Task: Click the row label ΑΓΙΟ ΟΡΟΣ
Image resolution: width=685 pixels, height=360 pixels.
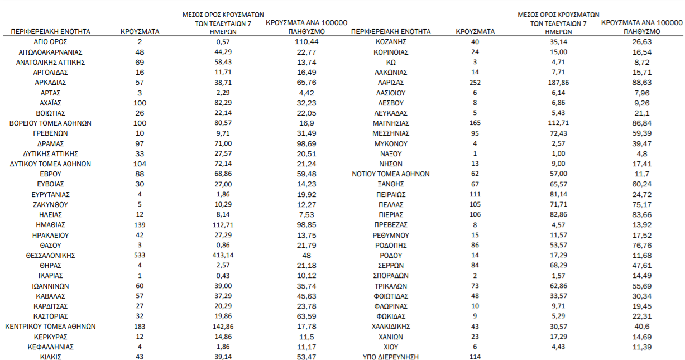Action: [51, 42]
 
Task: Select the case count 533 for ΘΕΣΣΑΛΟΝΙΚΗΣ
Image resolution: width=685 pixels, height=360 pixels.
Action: [140, 256]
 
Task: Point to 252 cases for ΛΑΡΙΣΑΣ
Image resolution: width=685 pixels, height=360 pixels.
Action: [475, 83]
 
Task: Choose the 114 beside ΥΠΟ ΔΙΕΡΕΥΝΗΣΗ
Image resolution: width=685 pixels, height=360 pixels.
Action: [475, 357]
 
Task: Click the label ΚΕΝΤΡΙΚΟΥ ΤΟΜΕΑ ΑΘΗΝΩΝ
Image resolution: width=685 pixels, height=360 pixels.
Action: [51, 327]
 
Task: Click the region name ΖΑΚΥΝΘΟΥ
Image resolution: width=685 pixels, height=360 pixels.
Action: [51, 205]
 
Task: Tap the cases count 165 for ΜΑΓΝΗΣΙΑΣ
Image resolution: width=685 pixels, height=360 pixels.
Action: [475, 123]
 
